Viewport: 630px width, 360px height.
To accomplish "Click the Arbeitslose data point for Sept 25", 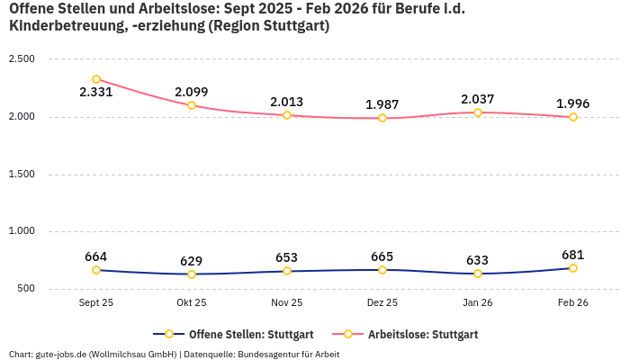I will point(96,79).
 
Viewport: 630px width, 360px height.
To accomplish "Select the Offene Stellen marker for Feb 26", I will point(573,268).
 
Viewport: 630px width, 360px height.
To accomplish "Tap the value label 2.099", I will point(192,92).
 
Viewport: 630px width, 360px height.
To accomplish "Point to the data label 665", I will point(382,256).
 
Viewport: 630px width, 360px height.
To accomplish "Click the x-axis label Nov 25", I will point(287,303).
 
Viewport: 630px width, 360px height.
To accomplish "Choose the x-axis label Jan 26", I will point(478,303).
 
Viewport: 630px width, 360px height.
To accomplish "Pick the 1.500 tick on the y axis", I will point(21,174).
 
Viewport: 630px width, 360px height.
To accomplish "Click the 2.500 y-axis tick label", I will point(21,58).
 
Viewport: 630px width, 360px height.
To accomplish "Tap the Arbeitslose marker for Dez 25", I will point(382,118).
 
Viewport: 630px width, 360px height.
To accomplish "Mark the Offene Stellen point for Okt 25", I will point(192,274).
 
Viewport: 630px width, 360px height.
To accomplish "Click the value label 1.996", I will point(573,103).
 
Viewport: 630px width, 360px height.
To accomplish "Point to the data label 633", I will point(478,260).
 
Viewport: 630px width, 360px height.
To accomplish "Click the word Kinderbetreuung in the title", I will point(64,26).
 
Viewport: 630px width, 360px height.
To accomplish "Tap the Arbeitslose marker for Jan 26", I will point(478,112).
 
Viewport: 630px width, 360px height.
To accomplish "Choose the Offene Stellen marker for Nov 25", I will point(287,271).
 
